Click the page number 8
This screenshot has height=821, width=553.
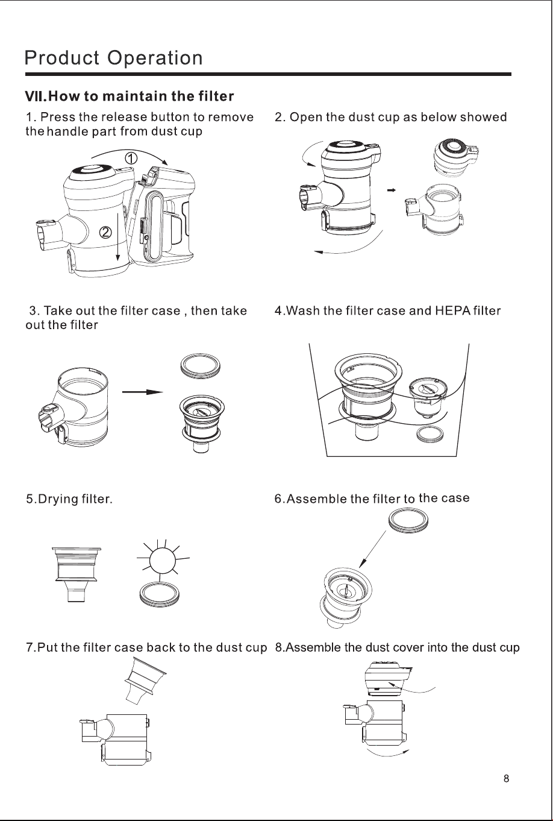(506, 778)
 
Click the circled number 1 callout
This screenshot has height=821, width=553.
(131, 159)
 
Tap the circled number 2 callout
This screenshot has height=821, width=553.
(105, 232)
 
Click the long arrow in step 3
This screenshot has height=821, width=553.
(142, 392)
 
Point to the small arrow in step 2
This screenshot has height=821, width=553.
(392, 190)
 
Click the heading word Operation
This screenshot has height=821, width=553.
(155, 58)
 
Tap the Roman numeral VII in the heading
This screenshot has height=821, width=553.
(36, 96)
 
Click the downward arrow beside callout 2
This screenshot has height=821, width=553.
(117, 237)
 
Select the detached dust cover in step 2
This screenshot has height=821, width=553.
(457, 157)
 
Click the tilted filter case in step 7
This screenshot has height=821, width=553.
(145, 681)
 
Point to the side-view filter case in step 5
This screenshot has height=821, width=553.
(77, 574)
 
